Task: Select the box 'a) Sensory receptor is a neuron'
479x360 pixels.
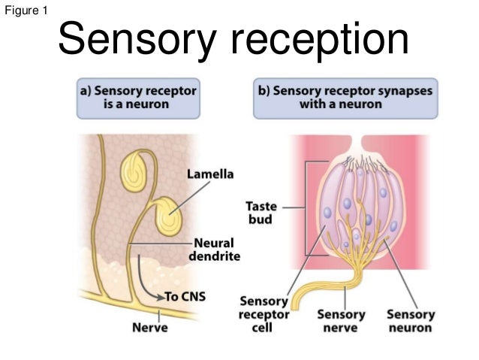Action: (x=139, y=98)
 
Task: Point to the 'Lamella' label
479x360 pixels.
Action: (x=210, y=174)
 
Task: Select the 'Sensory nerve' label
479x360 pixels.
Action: (x=342, y=321)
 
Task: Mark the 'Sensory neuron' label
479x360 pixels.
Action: (x=409, y=321)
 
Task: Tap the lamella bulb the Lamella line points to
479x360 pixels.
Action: (x=170, y=218)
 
